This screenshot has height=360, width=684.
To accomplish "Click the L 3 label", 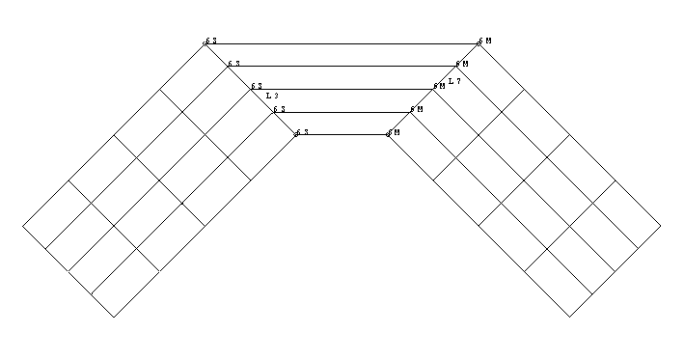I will click(x=271, y=96).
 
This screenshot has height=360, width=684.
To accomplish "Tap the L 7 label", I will click(x=454, y=81).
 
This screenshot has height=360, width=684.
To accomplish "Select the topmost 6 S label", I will click(x=211, y=42).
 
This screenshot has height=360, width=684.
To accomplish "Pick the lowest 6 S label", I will click(x=302, y=131).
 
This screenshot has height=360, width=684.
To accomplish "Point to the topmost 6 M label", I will click(x=484, y=42).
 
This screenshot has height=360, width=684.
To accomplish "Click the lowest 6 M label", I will click(x=393, y=131).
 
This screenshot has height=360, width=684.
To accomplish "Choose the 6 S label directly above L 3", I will click(x=257, y=86).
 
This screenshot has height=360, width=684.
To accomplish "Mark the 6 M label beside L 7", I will click(x=439, y=86).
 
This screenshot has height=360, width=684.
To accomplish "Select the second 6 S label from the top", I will click(x=233, y=64).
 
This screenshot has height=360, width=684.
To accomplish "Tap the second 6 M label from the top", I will click(x=462, y=64).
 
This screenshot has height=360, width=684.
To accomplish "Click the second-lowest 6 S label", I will click(x=279, y=109).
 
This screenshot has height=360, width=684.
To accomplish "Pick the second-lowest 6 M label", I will click(x=416, y=109).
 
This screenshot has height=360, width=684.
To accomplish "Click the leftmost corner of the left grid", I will click(x=23, y=226).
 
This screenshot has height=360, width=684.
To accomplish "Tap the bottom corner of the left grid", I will click(x=114, y=317).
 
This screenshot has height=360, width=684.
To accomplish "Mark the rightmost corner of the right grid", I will click(x=662, y=226).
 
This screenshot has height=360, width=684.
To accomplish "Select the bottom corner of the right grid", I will click(x=571, y=317).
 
